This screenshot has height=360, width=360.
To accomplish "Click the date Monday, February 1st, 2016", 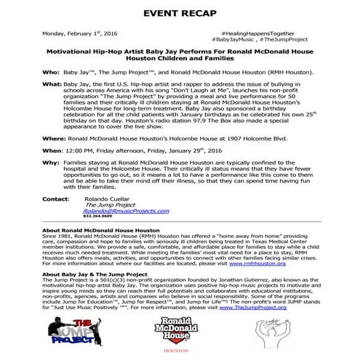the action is click(79, 33).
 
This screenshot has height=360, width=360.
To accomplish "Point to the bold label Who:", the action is click(49, 73).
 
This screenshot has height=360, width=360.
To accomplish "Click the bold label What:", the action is click(52, 86).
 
